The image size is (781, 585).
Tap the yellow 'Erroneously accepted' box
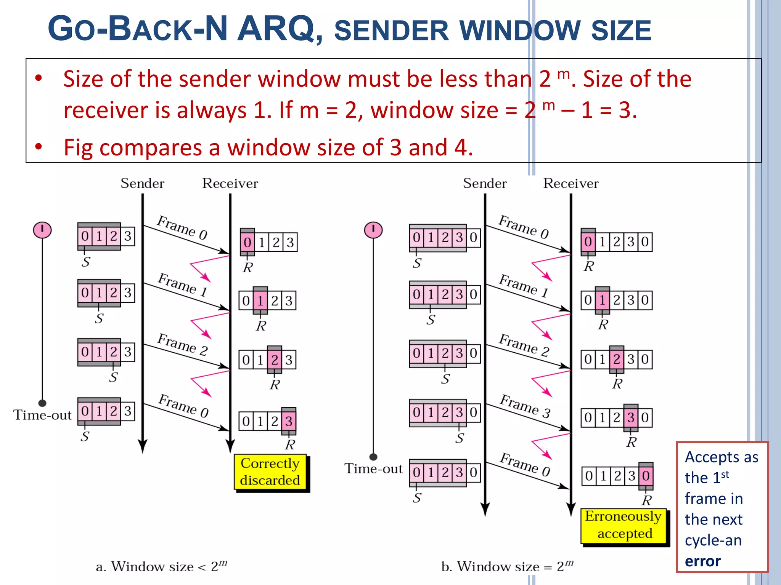coord(624,525)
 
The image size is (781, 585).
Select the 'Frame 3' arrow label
coord(525,406)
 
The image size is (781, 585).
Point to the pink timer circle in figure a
coord(42,230)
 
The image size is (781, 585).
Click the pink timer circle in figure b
coord(373,230)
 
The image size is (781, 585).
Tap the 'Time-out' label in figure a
coord(42,415)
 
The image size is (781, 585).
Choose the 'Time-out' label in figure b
coord(373,469)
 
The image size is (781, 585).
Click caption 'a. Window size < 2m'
coord(161,566)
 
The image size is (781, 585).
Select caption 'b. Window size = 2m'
coord(507,566)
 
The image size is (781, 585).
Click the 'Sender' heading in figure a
coord(142,184)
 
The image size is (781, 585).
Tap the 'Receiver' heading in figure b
coord(571,184)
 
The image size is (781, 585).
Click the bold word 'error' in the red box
coord(702,561)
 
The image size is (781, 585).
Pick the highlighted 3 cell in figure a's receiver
coord(289,421)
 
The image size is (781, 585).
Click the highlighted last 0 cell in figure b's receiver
coord(646,476)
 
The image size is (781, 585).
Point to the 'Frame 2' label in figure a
coord(183,344)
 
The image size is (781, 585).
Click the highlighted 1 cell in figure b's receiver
coord(603,300)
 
